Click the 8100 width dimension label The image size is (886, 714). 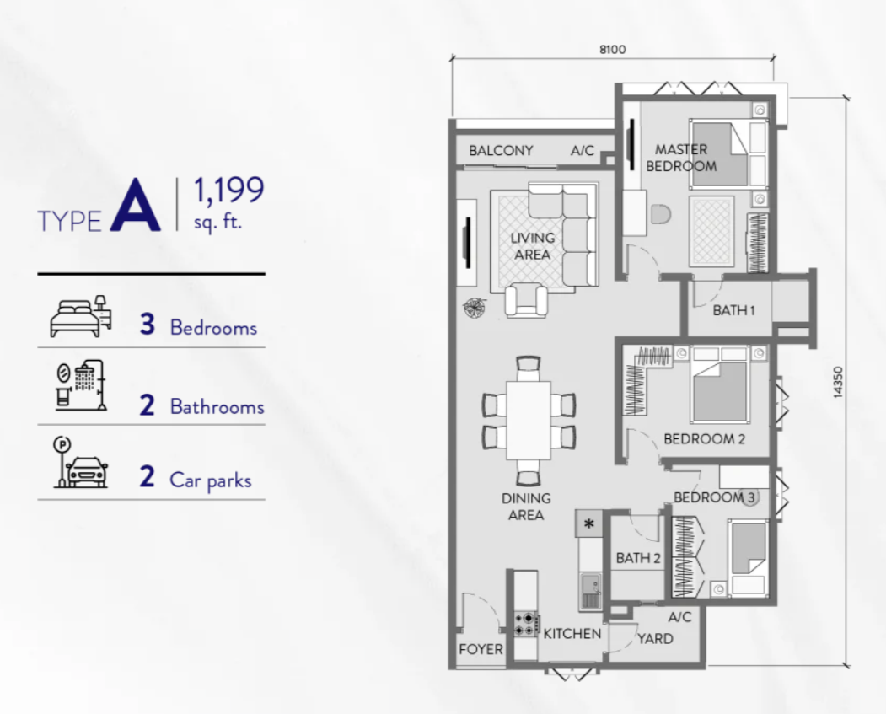tap(613, 50)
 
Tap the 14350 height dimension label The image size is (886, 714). tap(838, 382)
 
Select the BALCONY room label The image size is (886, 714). tap(501, 151)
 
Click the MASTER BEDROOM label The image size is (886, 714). tap(681, 158)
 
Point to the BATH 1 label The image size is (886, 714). tap(733, 310)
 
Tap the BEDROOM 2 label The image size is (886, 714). tap(704, 439)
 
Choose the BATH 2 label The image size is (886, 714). tap(638, 558)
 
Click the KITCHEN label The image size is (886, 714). tap(572, 634)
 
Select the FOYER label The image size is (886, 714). tap(481, 650)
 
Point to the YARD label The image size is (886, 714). tap(655, 639)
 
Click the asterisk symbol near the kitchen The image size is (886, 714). tap(588, 523)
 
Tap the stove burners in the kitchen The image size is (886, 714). tap(525, 624)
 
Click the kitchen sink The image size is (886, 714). tap(590, 592)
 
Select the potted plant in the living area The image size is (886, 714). tap(475, 307)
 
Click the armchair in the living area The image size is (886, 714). tap(526, 300)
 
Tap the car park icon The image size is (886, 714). tap(81, 462)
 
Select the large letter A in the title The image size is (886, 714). tap(136, 206)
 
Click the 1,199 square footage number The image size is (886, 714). tap(228, 190)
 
